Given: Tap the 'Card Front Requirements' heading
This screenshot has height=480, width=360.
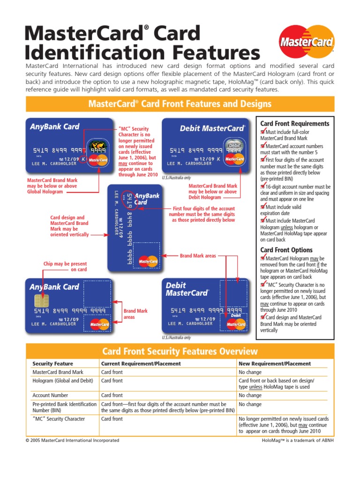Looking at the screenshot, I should click(294, 124).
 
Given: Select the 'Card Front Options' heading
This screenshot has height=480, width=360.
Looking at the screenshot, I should click(286, 250).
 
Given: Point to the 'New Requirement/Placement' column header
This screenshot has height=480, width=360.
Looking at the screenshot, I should click(274, 364).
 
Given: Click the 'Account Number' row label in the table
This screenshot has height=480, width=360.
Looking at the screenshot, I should click(50, 396).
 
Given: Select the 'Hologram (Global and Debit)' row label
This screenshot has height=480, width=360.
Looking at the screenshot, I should click(62, 381).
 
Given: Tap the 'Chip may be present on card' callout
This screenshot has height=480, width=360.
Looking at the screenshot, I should click(65, 267).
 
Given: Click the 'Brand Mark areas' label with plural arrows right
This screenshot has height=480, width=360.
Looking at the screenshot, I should click(198, 256).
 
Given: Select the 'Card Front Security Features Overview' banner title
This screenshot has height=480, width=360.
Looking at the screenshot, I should click(180, 351).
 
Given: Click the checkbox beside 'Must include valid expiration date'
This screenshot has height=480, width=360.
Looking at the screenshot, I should click(263, 207).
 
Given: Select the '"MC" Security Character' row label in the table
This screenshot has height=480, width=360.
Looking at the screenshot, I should click(59, 419).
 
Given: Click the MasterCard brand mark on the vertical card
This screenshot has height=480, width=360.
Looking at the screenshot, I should click(148, 260).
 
